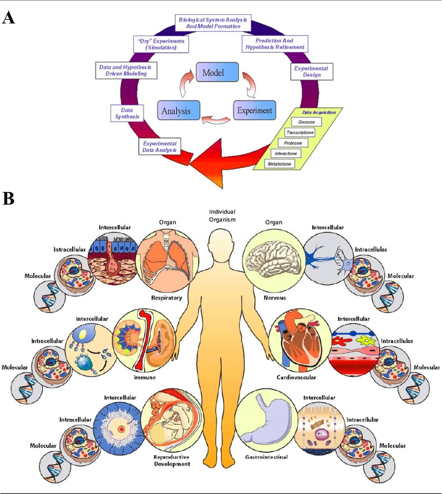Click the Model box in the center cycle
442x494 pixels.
217,72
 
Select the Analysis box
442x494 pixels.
178,110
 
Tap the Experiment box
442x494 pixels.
254,110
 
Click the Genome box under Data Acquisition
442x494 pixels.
306,122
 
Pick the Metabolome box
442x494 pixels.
279,164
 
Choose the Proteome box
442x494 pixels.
293,143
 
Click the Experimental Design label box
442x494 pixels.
311,71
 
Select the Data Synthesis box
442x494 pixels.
127,113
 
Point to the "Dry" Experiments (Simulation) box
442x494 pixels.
161,44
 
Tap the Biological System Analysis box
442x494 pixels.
213,23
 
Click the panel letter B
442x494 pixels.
8,199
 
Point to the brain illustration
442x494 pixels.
273,259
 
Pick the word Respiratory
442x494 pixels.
166,298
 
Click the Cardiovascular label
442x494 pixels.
296,377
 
